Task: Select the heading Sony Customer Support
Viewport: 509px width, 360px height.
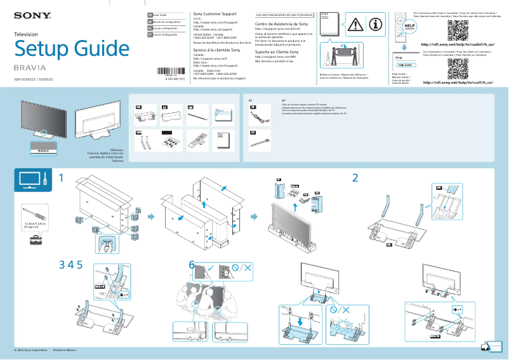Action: click(215, 14)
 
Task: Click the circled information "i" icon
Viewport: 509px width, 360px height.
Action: click(376, 25)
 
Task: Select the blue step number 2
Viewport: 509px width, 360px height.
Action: click(355, 178)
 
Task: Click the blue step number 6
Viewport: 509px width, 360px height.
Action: click(192, 264)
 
